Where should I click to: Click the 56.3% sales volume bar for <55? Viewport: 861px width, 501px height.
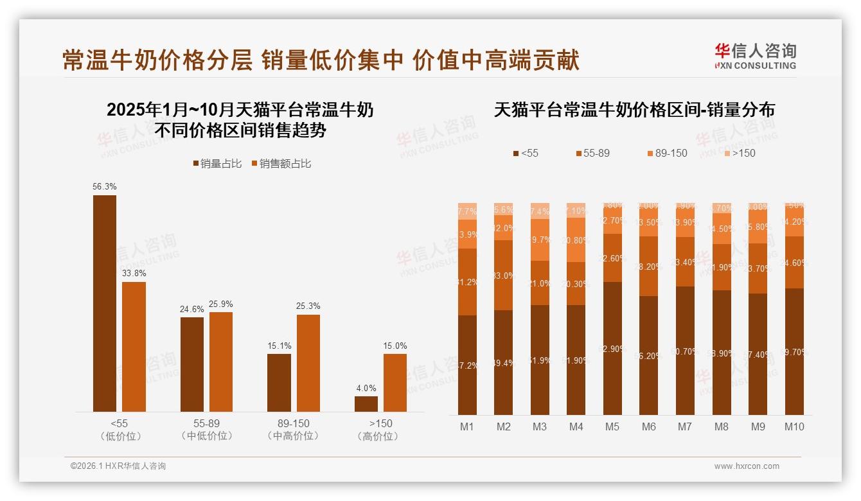pos(105,303)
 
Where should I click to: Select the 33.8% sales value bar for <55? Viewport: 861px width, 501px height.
pos(134,347)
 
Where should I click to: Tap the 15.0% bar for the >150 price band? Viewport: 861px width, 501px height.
pos(395,383)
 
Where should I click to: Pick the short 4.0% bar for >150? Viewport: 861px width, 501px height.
pos(366,404)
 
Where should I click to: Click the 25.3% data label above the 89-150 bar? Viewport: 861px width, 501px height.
pos(308,306)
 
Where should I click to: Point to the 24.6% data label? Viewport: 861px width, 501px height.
pos(191,310)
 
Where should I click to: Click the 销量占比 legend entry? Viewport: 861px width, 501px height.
pos(217,164)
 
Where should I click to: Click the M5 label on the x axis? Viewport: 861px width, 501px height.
pos(612,426)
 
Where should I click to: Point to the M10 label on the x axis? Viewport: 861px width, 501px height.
pos(794,426)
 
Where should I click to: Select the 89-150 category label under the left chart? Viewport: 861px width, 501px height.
pos(293,424)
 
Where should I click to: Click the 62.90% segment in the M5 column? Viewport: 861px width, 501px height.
pos(612,349)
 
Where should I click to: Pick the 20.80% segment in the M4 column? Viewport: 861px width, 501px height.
pos(576,240)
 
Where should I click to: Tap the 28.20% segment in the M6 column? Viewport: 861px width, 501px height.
pos(649,266)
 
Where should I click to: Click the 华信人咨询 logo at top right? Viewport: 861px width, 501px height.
pos(756,56)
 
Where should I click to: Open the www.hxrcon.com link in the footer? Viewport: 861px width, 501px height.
pos(747,466)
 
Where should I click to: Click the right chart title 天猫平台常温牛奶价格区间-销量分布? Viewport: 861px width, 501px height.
pos(634,110)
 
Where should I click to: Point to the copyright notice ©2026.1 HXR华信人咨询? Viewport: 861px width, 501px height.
pos(118,466)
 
